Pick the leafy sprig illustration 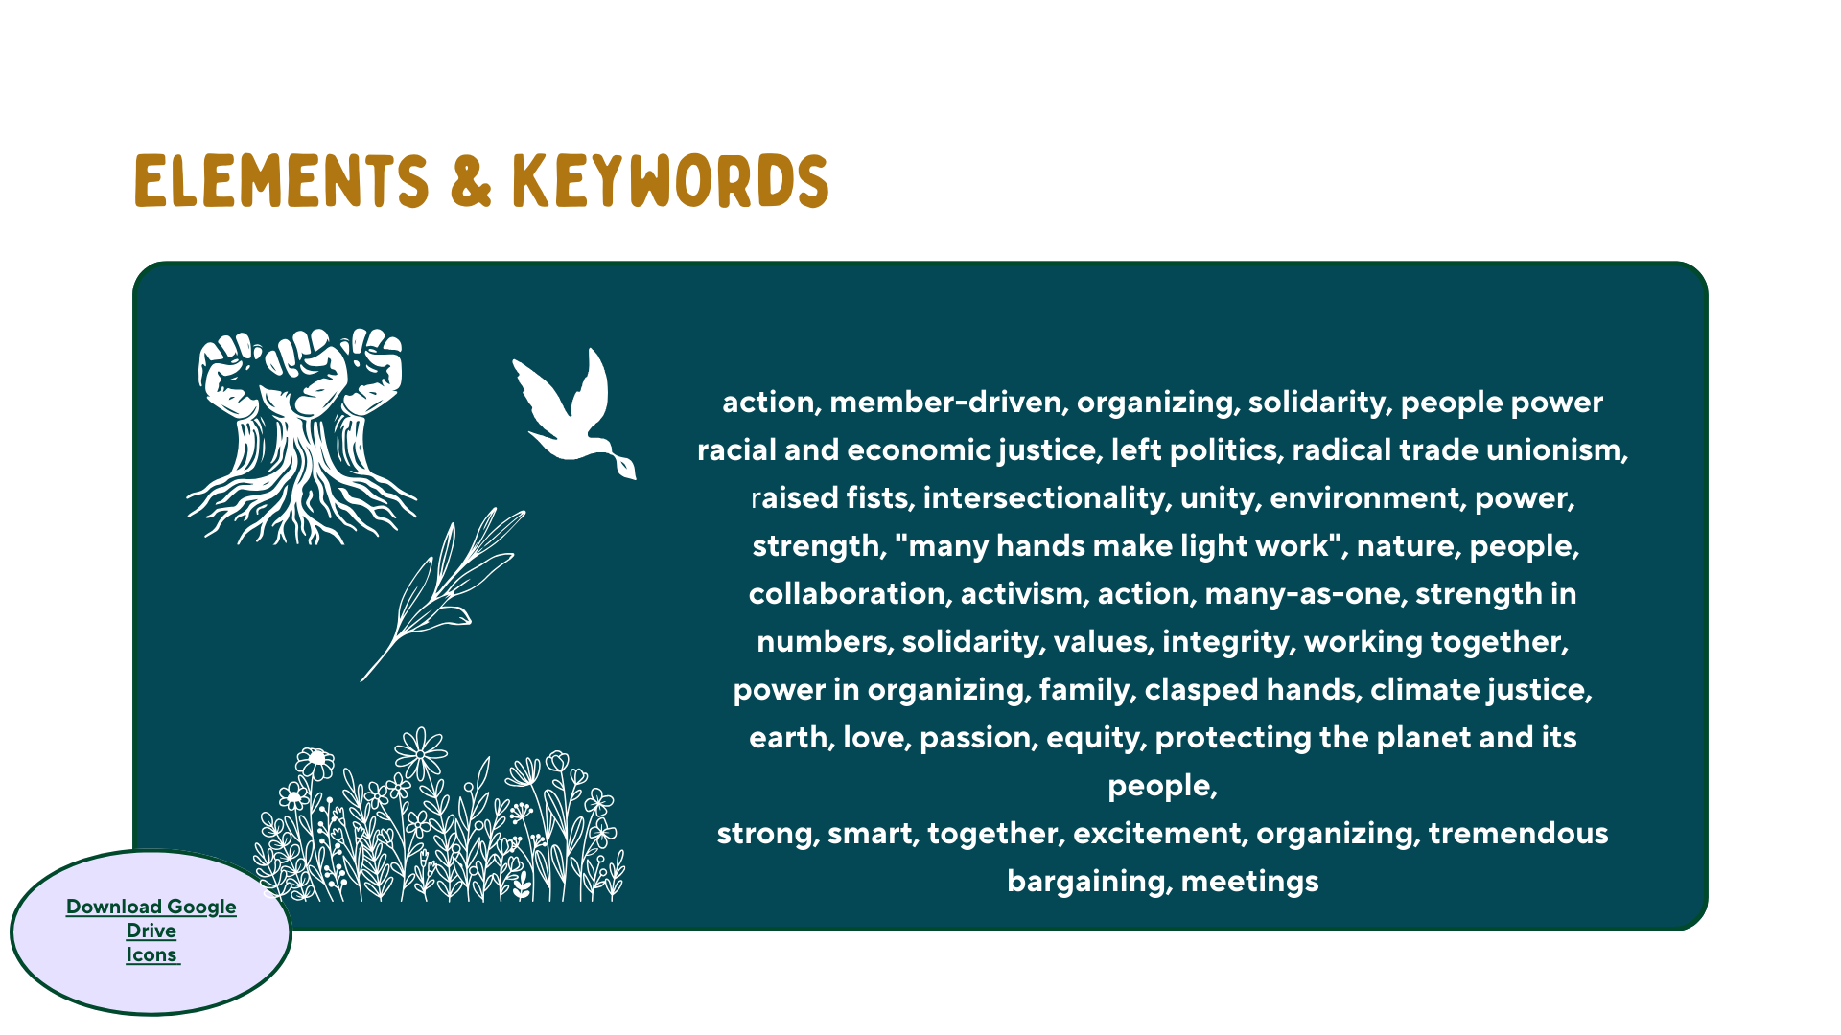tap(443, 594)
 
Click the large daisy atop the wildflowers tap(420, 753)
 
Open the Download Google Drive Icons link tap(151, 931)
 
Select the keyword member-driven tap(948, 402)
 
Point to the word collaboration tap(851, 594)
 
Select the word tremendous tap(1518, 834)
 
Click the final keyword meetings tap(1249, 882)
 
